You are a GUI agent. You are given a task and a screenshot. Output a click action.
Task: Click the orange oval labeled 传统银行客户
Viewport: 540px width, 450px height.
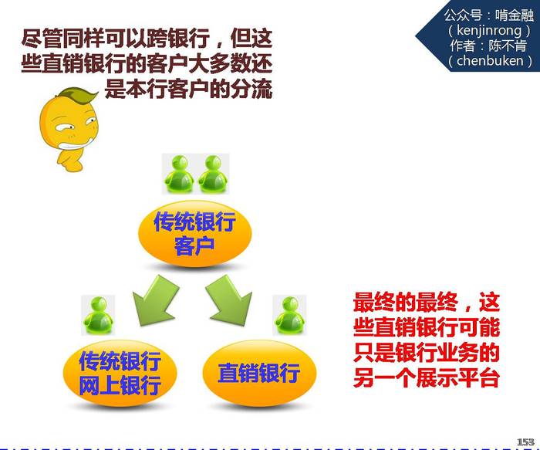pos(195,234)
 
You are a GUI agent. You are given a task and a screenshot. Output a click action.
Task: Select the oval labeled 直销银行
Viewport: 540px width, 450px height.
pos(259,373)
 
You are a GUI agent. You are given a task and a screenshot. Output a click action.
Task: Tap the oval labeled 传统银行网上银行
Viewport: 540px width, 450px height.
pos(120,373)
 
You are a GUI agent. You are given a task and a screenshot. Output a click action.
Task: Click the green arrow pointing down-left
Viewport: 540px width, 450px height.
pos(156,300)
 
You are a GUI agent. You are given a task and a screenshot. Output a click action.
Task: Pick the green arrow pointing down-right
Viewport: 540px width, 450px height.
pos(229,300)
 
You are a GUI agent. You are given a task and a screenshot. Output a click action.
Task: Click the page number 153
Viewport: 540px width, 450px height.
pos(525,442)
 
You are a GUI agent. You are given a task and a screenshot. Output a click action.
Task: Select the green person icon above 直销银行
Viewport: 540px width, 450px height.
pos(289,315)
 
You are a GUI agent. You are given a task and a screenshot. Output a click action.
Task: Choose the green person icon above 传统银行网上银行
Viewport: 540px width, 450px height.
pos(98,315)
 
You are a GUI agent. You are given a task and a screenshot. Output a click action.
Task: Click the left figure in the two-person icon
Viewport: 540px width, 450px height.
pos(178,174)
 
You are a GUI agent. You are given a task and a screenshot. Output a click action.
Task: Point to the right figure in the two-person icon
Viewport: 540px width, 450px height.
pos(212,174)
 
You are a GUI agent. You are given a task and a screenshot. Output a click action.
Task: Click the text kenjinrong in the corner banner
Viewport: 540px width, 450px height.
pos(489,31)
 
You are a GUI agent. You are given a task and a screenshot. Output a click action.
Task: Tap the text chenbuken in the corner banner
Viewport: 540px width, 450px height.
pos(490,61)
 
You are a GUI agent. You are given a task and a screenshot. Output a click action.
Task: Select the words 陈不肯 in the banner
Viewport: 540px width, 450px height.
pos(508,46)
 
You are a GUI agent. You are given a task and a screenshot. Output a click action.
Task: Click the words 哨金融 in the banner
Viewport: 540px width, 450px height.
pos(515,15)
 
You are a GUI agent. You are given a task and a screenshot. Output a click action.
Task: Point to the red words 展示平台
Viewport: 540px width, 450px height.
pos(458,378)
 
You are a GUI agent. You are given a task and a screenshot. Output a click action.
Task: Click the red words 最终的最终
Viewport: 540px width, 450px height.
pos(406,302)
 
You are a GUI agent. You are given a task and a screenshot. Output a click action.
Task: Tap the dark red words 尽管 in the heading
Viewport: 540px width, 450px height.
pos(42,38)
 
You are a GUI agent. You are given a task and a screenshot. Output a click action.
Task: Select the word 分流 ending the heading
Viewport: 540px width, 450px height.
pos(251,90)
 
